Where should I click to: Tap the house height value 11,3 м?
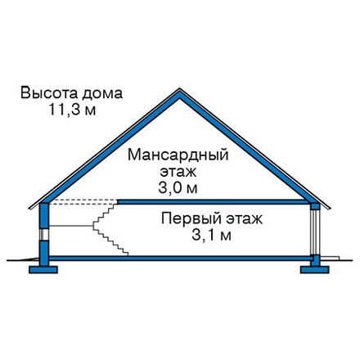coord(72,110)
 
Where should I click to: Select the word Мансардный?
coord(178,155)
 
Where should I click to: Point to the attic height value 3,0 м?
coord(178,188)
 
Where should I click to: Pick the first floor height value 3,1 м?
coord(212,235)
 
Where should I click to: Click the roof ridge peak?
coord(179,89)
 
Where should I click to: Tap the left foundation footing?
coord(43,270)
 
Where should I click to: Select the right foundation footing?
coord(314,270)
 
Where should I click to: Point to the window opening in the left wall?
coord(44,234)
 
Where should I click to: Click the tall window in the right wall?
coord(315,232)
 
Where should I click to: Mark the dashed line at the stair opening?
coord(83,202)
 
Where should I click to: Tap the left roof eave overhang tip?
coord(29,209)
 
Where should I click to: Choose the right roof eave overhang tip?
coord(331,209)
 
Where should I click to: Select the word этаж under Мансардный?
coord(178,173)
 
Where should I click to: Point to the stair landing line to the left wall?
coord(71,226)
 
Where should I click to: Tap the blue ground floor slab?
coord(181,258)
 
